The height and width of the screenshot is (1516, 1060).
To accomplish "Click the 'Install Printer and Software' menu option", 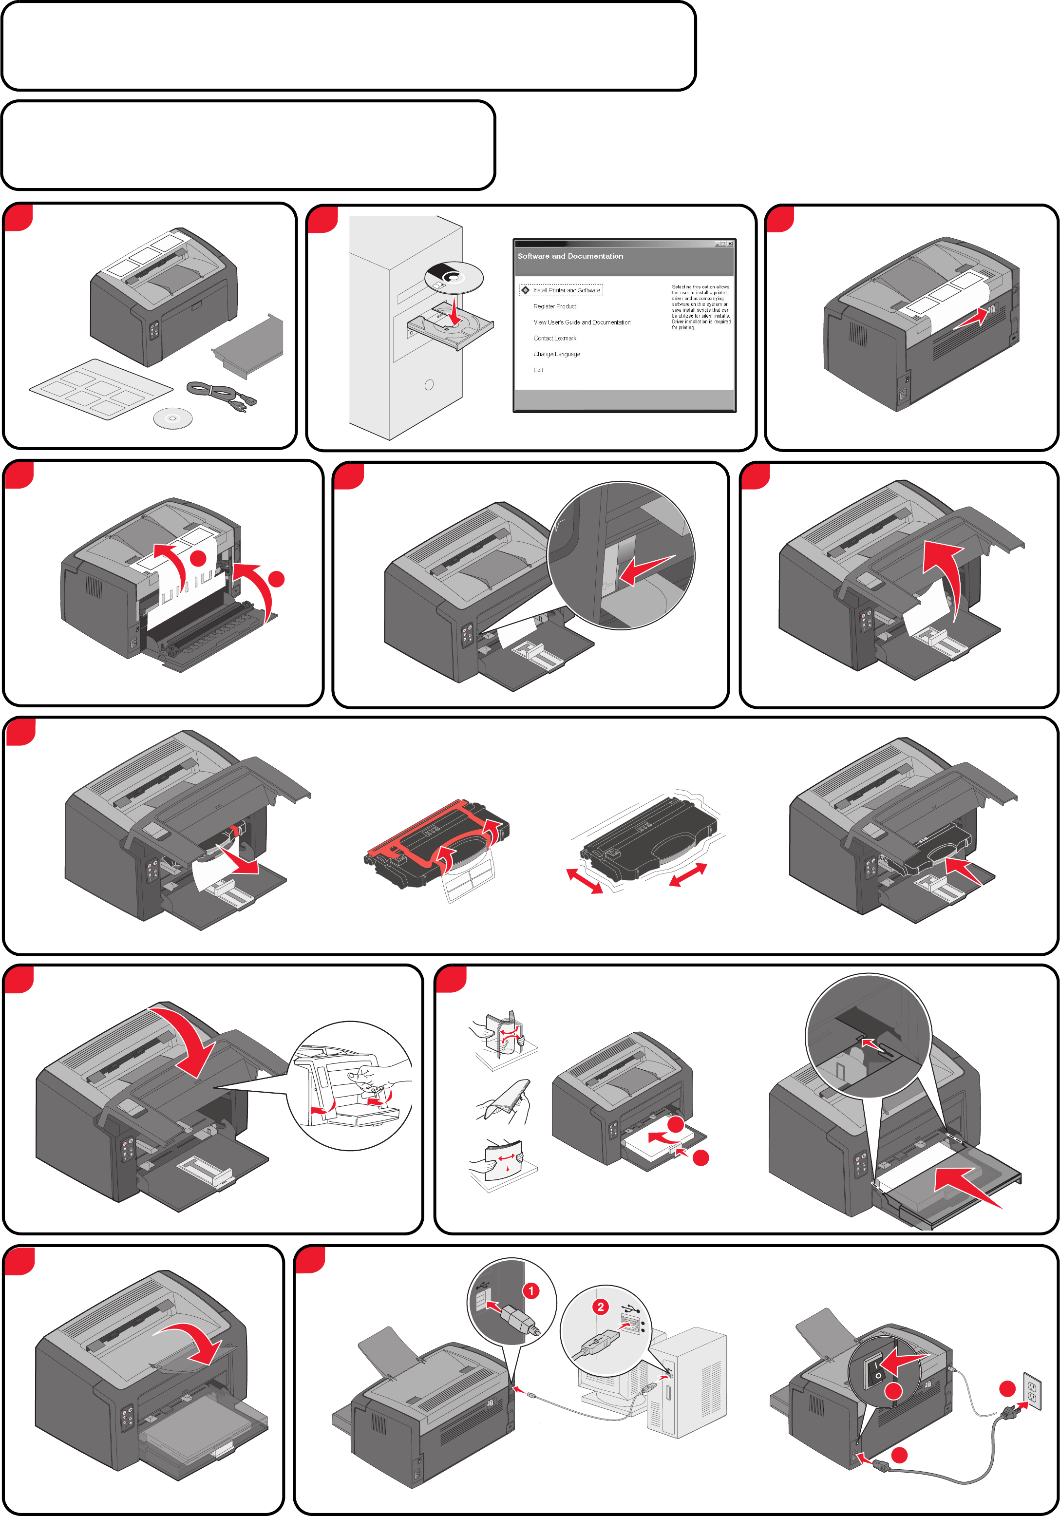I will pyautogui.click(x=567, y=290).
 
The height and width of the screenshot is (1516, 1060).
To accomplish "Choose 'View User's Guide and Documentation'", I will pyautogui.click(x=581, y=322).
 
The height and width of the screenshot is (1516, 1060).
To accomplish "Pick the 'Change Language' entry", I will pyautogui.click(x=556, y=354).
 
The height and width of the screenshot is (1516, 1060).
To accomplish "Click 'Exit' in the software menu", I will pyautogui.click(x=538, y=370).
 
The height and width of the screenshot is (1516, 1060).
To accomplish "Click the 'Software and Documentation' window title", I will pyautogui.click(x=570, y=256).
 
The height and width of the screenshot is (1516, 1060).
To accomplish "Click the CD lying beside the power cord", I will pyautogui.click(x=172, y=418).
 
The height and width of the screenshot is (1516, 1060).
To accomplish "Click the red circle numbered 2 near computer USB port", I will pyautogui.click(x=600, y=1307).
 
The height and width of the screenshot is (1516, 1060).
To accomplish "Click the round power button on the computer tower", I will pyautogui.click(x=429, y=385).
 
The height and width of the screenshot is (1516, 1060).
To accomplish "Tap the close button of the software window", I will pyautogui.click(x=730, y=244).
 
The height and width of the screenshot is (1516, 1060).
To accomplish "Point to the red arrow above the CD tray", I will pyautogui.click(x=454, y=310).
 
